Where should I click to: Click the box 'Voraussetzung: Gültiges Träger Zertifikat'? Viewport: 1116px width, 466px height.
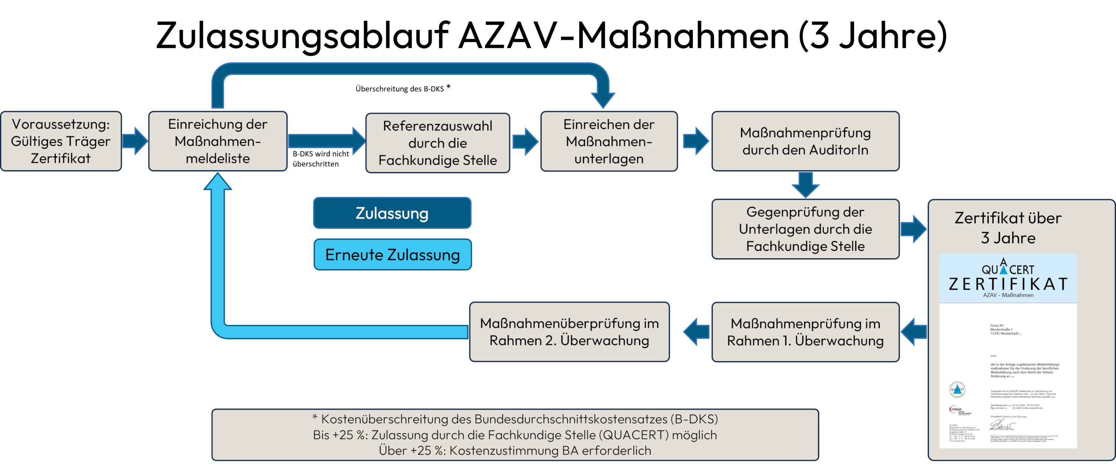[x=61, y=141]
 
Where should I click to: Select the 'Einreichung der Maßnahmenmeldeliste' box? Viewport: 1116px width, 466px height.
[x=218, y=141]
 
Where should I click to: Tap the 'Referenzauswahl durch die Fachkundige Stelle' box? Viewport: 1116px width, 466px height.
[x=437, y=143]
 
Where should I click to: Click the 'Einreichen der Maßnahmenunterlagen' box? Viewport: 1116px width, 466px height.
[x=609, y=142]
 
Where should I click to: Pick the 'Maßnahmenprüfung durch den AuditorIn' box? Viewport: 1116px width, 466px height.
[x=805, y=141]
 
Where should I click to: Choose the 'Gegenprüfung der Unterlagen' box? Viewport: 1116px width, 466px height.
[x=805, y=229]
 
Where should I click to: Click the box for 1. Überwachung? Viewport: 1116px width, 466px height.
[x=805, y=332]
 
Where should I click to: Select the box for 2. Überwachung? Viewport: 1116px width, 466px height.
[x=569, y=332]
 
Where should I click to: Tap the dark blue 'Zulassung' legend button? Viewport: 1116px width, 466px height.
[x=392, y=213]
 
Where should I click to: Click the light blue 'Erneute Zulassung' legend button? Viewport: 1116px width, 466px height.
[x=392, y=255]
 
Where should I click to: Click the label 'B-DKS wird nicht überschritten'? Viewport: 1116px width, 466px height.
[x=321, y=159]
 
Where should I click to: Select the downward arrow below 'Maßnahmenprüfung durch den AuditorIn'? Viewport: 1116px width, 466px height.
[x=805, y=185]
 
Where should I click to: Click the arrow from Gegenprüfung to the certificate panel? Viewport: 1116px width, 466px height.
[x=913, y=229]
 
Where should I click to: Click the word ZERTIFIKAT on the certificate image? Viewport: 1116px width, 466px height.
[x=1008, y=284]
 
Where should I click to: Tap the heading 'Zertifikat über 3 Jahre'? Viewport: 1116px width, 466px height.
[x=1008, y=227]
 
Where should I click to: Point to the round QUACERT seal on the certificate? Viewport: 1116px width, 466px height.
[x=957, y=389]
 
